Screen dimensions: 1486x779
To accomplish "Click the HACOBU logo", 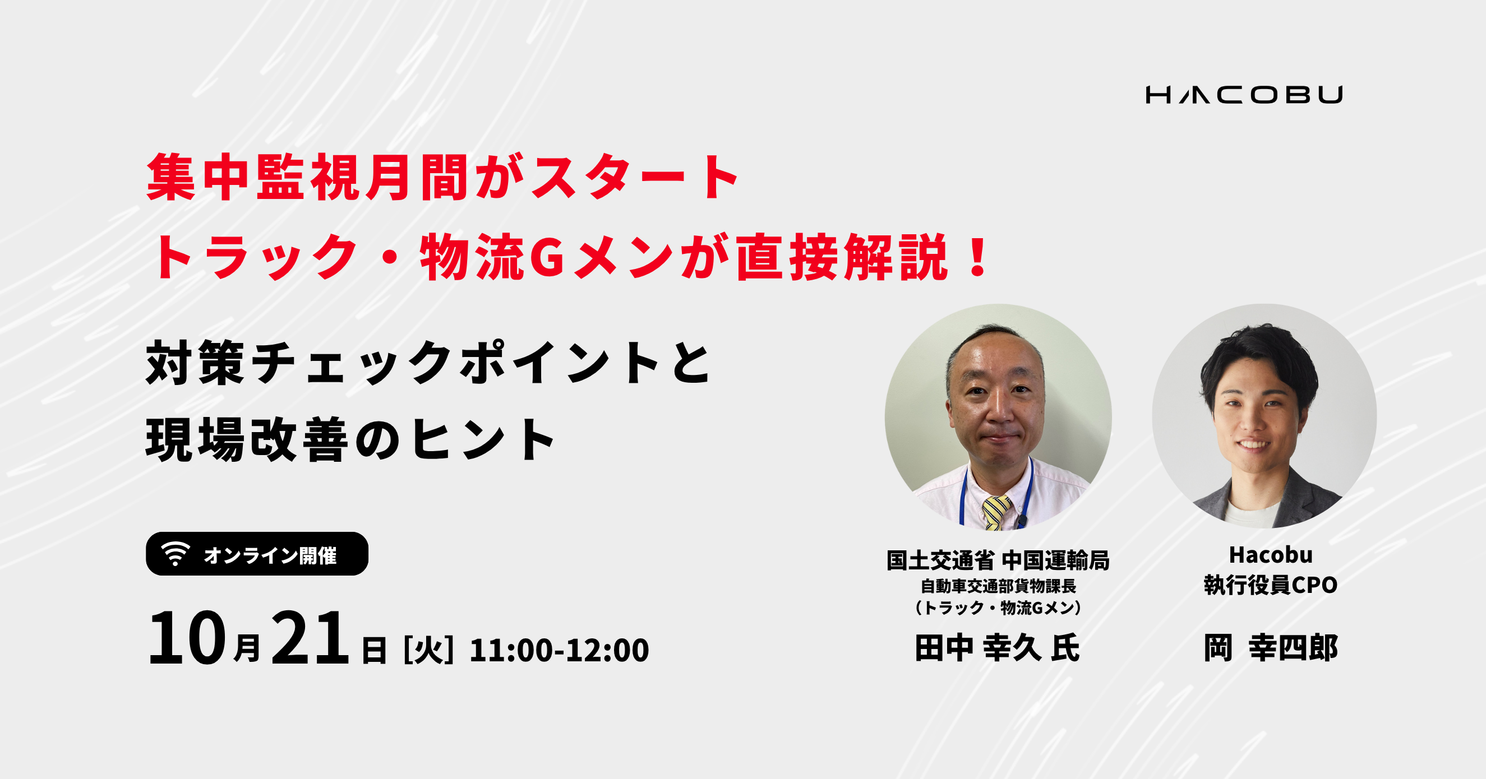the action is click(x=1244, y=95).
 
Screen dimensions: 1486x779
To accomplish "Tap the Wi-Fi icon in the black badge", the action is click(x=176, y=554).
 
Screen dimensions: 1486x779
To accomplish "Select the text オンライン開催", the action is click(x=270, y=555).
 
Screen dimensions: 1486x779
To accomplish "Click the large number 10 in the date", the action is click(x=187, y=638).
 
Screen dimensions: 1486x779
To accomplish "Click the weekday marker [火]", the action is click(x=428, y=650).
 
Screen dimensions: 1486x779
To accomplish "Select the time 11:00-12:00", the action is click(x=560, y=650).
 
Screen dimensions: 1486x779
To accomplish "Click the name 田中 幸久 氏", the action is click(x=998, y=647).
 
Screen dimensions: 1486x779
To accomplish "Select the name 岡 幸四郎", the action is click(x=1271, y=647).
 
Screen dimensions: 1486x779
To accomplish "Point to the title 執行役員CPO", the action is click(x=1271, y=585).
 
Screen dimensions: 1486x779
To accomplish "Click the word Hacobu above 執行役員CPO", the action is click(x=1271, y=555).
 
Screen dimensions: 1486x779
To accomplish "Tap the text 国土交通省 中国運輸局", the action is click(x=998, y=560).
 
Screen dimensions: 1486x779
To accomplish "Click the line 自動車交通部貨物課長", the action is click(x=998, y=586).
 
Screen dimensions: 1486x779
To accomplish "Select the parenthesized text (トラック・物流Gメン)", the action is click(x=998, y=608).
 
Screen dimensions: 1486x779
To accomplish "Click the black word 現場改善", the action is click(x=247, y=439).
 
